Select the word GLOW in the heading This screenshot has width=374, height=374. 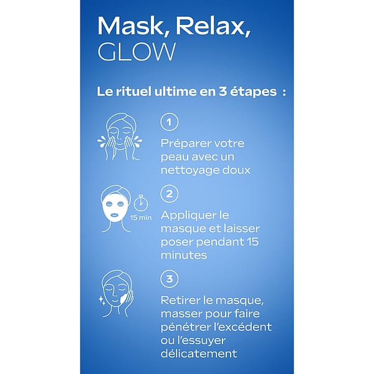tap(137, 52)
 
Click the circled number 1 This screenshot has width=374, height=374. tap(168, 122)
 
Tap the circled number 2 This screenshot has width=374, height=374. tap(168, 193)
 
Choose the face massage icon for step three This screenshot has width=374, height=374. tap(120, 290)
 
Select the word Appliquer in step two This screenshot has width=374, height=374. tap(188, 216)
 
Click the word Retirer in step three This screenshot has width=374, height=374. tap(178, 300)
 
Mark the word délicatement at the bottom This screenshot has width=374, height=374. tap(199, 353)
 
